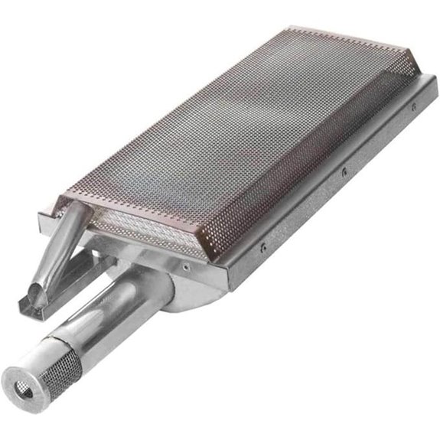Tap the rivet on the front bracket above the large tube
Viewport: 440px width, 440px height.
[184, 266]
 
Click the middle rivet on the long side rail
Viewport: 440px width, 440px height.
[344, 171]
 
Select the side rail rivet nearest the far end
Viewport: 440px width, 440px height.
[413, 107]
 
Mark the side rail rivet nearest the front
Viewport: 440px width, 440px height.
[262, 247]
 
